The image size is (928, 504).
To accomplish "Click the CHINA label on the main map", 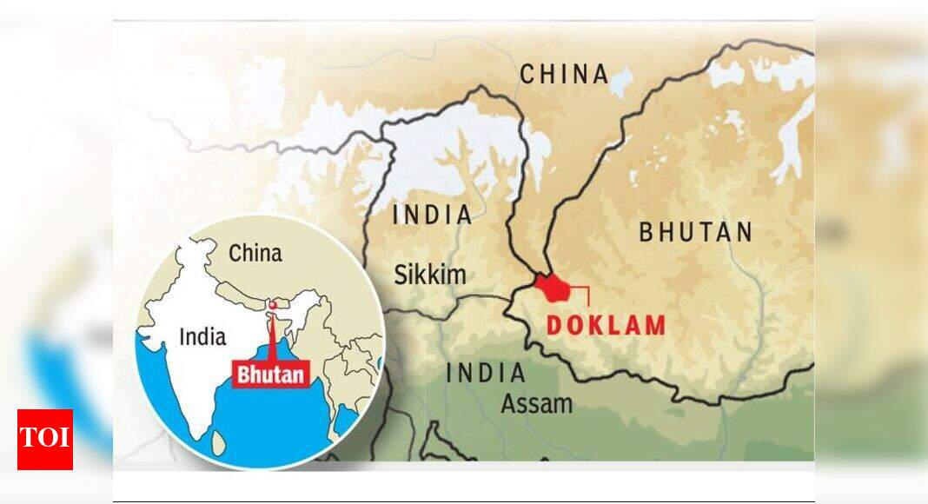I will tap(564, 74).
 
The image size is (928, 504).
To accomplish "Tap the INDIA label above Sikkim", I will tap(433, 215).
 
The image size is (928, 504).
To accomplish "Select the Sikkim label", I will tap(430, 275).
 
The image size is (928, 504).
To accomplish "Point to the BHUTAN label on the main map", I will tap(696, 232).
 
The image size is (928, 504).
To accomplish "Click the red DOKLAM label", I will tap(606, 326).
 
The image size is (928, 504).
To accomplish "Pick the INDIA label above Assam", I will tap(486, 374).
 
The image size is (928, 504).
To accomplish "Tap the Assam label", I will tap(536, 403).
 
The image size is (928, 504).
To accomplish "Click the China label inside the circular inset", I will tap(255, 253).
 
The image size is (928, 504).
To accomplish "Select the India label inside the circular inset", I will tap(202, 337).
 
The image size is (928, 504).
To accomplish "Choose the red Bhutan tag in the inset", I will tap(271, 375).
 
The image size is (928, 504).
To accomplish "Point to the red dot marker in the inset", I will tap(273, 305).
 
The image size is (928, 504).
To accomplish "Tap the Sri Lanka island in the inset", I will tap(219, 443).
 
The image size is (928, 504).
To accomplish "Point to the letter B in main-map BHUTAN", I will tap(647, 232).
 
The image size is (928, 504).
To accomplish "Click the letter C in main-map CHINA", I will tap(527, 75).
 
